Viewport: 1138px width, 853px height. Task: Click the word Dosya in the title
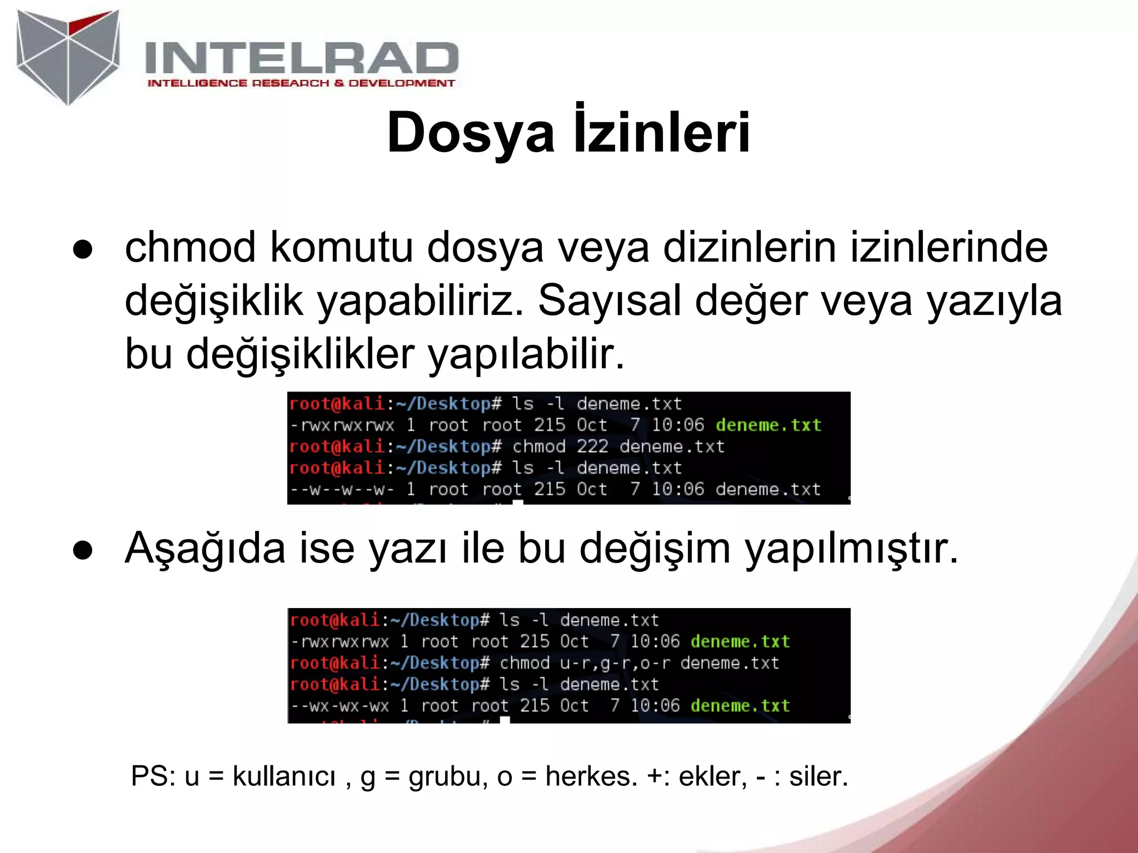pos(471,133)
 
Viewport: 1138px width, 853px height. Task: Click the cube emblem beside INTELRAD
pos(68,56)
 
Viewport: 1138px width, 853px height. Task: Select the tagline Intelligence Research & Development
pos(301,83)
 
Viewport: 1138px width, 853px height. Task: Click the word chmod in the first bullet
pos(189,248)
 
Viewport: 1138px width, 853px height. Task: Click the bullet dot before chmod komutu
pos(83,249)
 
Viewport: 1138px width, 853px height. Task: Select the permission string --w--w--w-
pos(342,489)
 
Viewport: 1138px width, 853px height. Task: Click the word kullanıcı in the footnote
pos(284,776)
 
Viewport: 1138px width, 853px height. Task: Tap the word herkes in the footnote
pos(591,776)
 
